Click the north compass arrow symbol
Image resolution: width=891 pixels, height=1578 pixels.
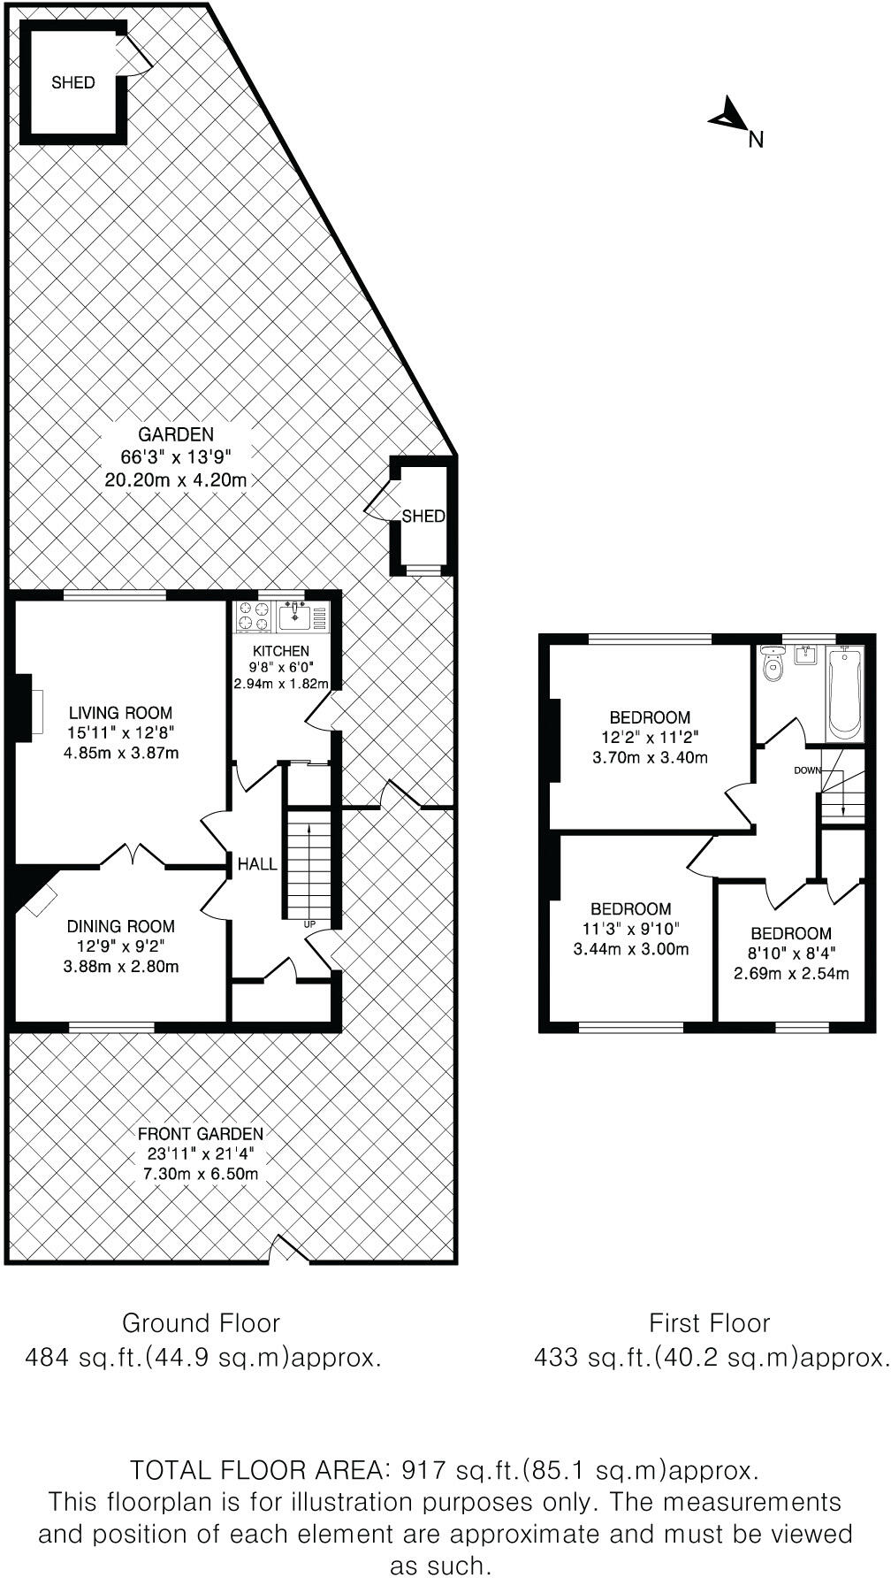point(728,116)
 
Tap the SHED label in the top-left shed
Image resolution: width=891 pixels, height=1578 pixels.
point(72,82)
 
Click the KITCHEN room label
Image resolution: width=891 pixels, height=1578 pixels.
point(280,652)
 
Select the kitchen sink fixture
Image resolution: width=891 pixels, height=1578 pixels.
point(294,616)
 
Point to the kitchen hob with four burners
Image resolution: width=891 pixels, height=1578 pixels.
point(254,617)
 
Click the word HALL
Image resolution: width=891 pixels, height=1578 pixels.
point(257,864)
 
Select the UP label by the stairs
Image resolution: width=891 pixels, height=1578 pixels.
point(309,924)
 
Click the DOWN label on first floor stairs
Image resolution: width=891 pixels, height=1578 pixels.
point(806,770)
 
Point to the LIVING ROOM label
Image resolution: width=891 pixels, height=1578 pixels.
point(120,712)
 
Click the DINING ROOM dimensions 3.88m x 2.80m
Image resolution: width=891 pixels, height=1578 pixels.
point(121,966)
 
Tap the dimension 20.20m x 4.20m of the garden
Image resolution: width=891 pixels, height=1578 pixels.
point(175,480)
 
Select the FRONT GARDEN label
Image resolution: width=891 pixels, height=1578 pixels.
point(200,1134)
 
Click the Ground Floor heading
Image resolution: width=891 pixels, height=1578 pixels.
point(201,1323)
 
